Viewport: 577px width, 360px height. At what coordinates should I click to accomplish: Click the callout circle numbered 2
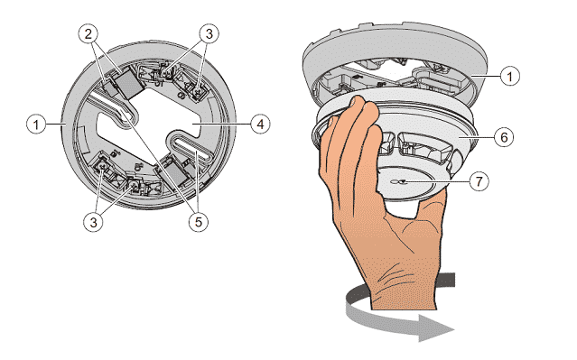click(x=88, y=34)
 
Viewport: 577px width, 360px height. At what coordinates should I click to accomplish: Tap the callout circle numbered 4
click(x=260, y=125)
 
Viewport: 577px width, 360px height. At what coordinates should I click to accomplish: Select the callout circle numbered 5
click(x=199, y=222)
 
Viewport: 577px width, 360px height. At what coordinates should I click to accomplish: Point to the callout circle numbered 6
click(x=504, y=137)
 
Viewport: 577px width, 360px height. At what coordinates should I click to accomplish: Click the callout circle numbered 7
click(x=479, y=181)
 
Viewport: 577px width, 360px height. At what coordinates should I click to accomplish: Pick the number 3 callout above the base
click(x=209, y=34)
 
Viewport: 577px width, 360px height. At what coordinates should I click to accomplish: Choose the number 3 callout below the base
click(x=94, y=222)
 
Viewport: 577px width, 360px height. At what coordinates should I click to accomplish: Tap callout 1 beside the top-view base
click(x=36, y=125)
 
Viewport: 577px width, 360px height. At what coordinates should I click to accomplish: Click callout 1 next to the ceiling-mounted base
click(x=510, y=76)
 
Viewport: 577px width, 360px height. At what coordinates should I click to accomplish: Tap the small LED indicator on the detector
click(x=398, y=181)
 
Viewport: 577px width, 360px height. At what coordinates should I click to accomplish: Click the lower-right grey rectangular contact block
click(x=176, y=173)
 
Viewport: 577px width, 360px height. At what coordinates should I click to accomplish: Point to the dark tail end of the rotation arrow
click(x=446, y=280)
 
